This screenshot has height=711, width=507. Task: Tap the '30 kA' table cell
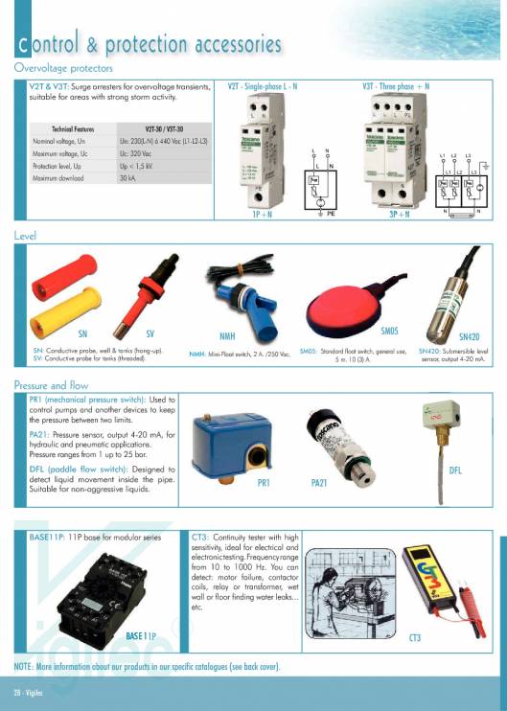point(127,178)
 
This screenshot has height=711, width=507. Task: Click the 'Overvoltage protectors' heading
point(63,68)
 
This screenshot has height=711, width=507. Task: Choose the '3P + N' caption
point(400,216)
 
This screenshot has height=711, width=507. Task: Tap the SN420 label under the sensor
point(469,337)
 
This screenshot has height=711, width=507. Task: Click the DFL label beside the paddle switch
point(456,470)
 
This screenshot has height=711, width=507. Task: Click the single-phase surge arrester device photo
point(265,153)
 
